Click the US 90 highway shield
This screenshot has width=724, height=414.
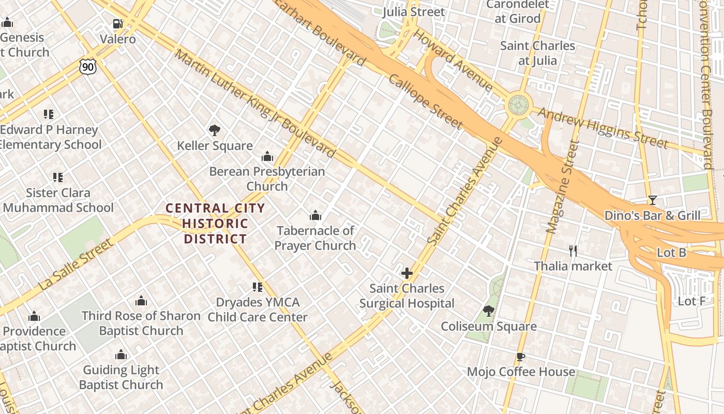(x=88, y=66)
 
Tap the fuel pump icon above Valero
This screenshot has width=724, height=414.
(x=118, y=24)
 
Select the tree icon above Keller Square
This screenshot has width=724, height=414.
(x=215, y=130)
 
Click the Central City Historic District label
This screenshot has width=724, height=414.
(x=215, y=224)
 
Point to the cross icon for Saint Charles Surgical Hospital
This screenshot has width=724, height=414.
(x=407, y=273)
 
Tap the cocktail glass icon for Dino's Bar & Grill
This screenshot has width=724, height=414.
(x=652, y=200)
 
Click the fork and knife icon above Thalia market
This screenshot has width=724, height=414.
(x=573, y=251)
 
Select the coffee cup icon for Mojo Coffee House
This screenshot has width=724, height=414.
(x=521, y=357)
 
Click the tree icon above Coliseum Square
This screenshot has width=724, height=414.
(x=488, y=311)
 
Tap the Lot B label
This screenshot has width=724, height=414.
(x=671, y=253)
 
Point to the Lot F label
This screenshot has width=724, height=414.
(x=691, y=301)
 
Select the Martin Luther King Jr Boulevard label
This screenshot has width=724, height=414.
(x=255, y=103)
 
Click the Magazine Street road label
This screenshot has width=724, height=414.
(x=562, y=186)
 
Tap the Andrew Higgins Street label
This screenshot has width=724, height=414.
(x=603, y=127)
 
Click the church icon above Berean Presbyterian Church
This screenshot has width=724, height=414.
(x=267, y=156)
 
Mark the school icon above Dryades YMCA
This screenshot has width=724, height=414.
(x=258, y=287)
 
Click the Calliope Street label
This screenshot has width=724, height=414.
(x=425, y=101)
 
